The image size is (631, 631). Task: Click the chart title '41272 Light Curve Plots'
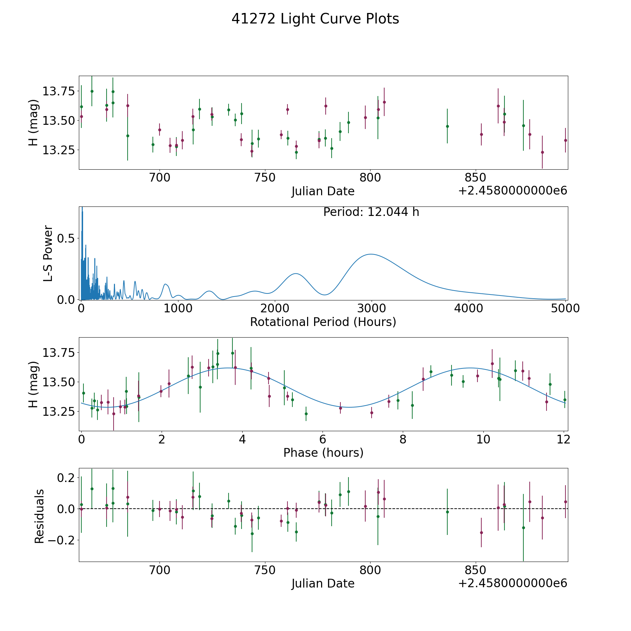point(315,19)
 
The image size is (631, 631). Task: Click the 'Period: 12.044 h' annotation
point(371,212)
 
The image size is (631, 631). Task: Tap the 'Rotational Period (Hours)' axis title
point(323,322)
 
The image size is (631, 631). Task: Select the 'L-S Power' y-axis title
point(48,253)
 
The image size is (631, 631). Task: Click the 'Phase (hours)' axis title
point(323,453)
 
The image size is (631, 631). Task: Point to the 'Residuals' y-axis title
point(39,516)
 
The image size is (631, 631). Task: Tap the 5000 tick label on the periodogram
point(565,308)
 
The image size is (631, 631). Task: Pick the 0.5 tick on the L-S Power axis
point(67,238)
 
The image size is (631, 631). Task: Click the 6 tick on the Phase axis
point(323,440)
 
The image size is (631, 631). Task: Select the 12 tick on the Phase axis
point(563,440)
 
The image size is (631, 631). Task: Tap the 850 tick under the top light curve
point(476,178)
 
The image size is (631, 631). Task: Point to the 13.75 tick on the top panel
point(58,91)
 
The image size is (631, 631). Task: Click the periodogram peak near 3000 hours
point(371,254)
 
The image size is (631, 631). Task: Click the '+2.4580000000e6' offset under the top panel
point(513,191)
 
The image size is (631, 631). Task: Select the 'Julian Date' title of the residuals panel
point(323,583)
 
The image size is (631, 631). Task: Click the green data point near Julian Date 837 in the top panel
point(447,126)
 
